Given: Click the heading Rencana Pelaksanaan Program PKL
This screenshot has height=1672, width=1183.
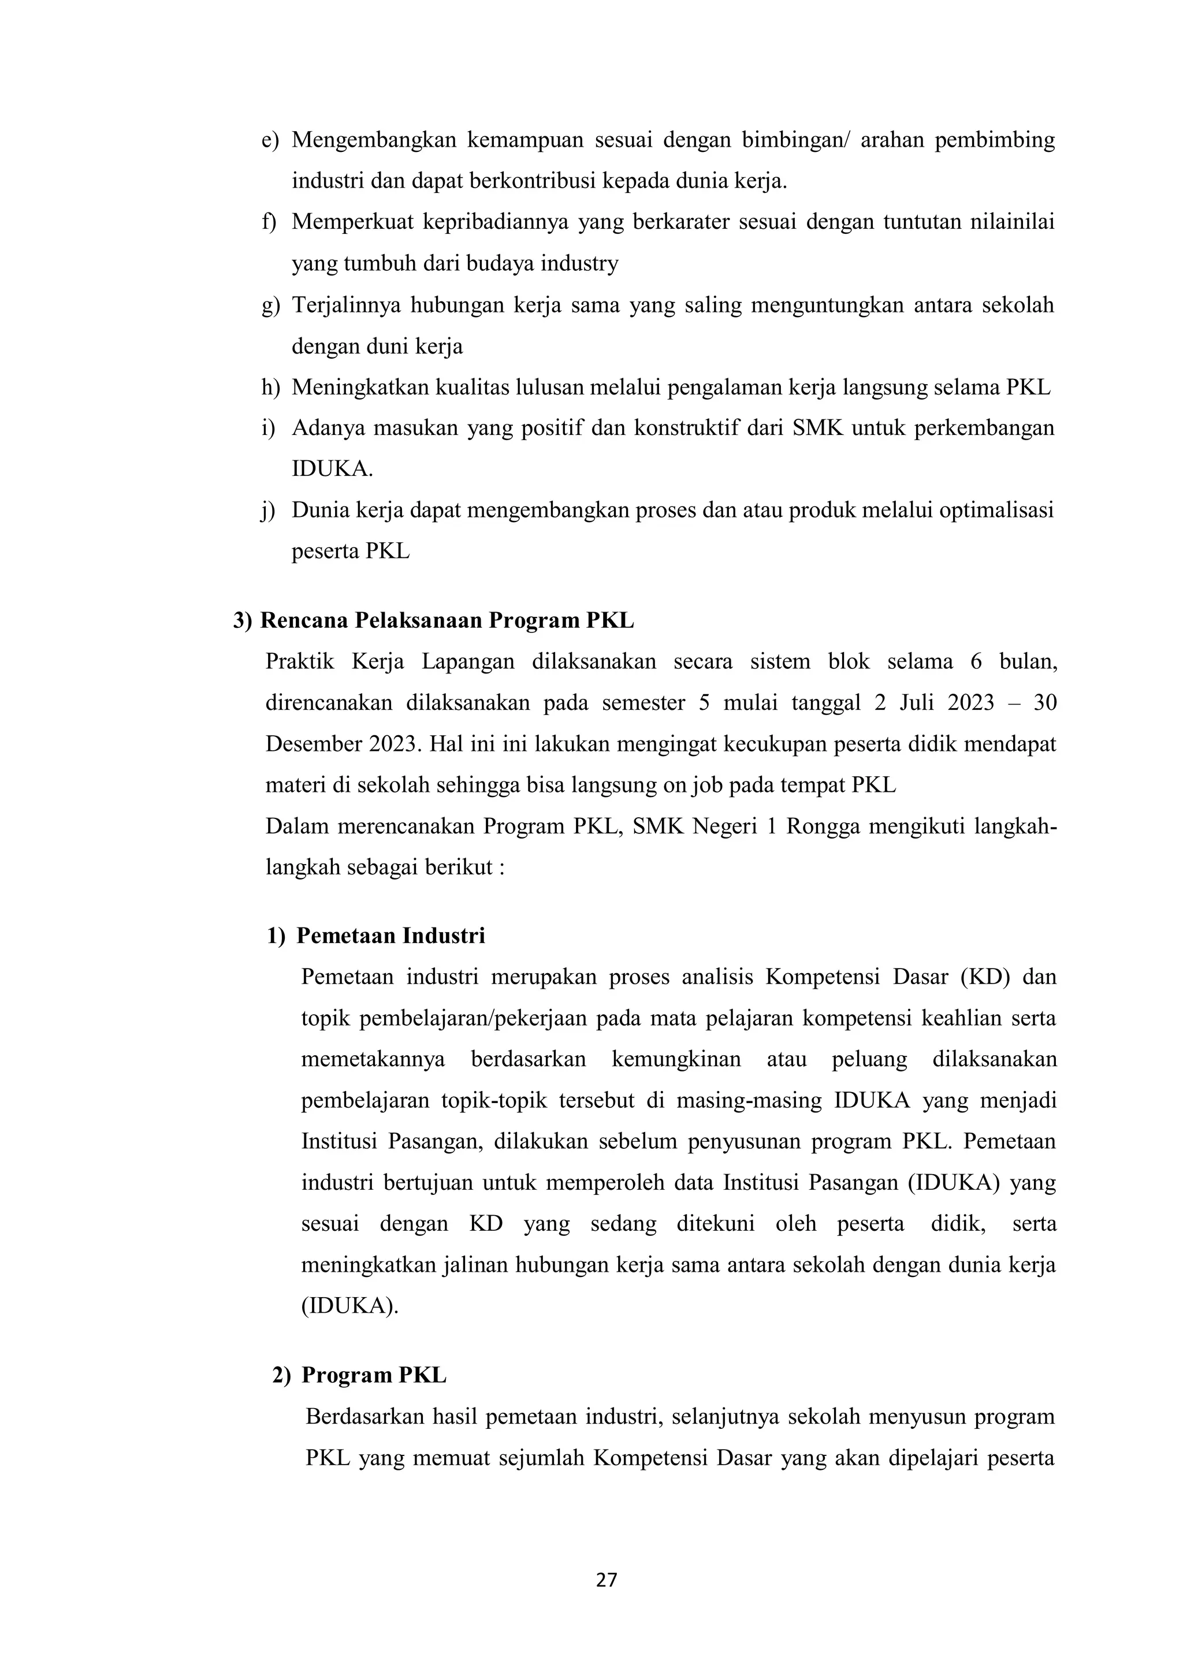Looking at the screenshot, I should pos(447,620).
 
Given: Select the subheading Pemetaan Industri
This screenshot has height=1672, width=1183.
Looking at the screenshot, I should pos(390,935).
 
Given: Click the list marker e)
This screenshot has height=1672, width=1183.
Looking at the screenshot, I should pos(270,140).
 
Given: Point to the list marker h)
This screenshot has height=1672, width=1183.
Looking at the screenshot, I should pos(270,388).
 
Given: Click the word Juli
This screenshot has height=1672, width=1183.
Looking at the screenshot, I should pos(920,703).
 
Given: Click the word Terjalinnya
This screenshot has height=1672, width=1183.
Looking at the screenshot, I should pos(346,304).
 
